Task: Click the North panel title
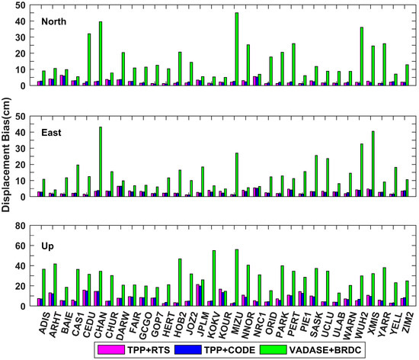(53, 20)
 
